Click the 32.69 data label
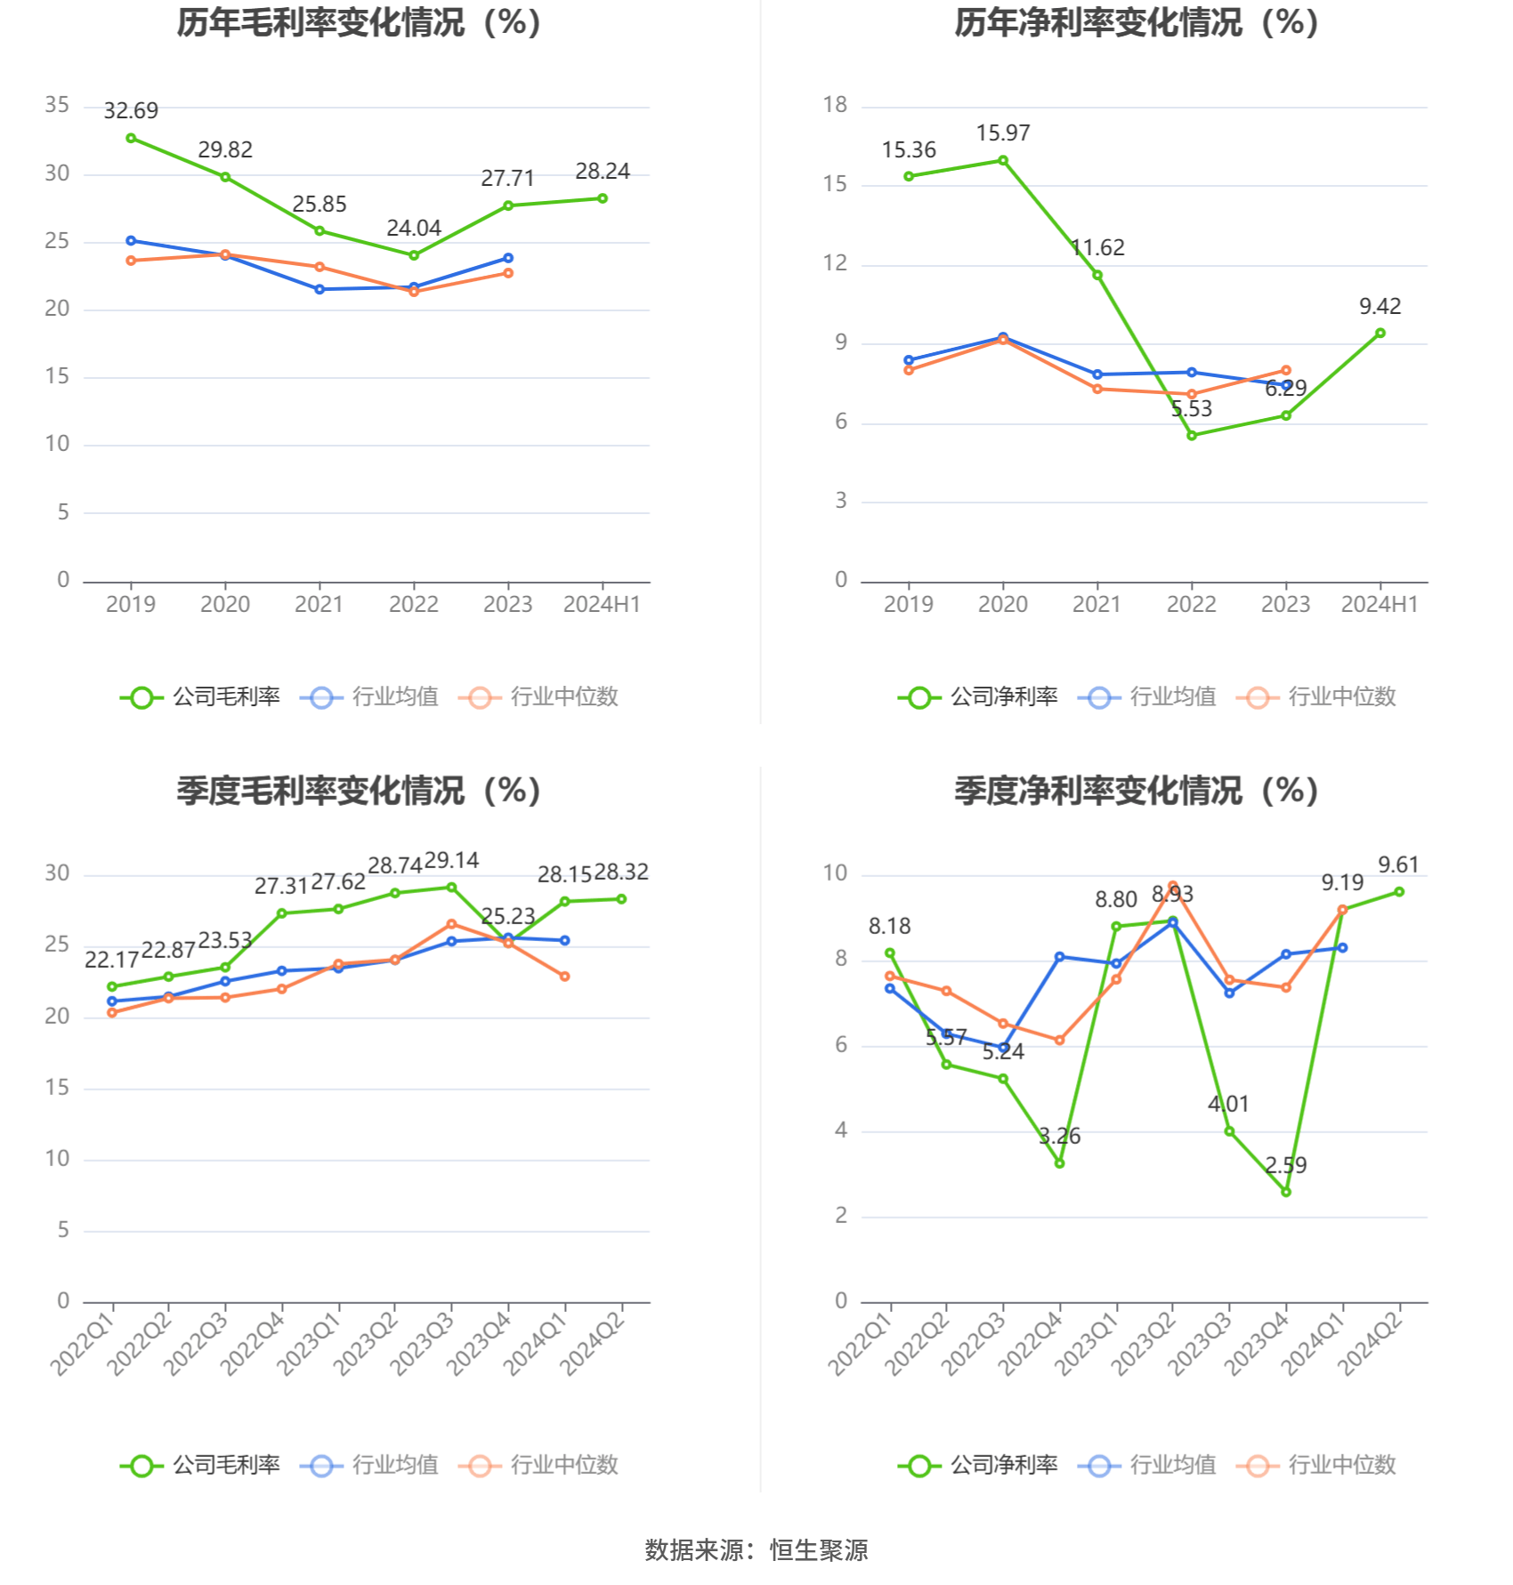pos(131,111)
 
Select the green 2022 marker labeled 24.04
pos(414,255)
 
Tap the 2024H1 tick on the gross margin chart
pos(602,605)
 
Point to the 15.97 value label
pos(1003,133)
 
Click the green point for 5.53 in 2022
pos(1192,436)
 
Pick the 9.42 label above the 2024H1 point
pos(1379,307)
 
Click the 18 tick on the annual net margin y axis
pos(835,105)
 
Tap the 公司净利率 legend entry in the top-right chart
pos(979,697)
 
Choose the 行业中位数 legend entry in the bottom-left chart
pos(539,1465)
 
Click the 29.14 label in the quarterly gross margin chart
pos(451,861)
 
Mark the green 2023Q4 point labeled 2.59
pos(1286,1192)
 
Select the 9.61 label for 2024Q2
pos(1398,865)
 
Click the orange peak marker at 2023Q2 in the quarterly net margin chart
pos(1173,886)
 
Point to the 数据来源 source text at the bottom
pos(756,1550)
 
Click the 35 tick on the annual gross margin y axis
pos(57,105)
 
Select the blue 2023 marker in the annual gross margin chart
pos(508,258)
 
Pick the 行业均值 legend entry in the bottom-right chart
pos(1148,1465)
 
